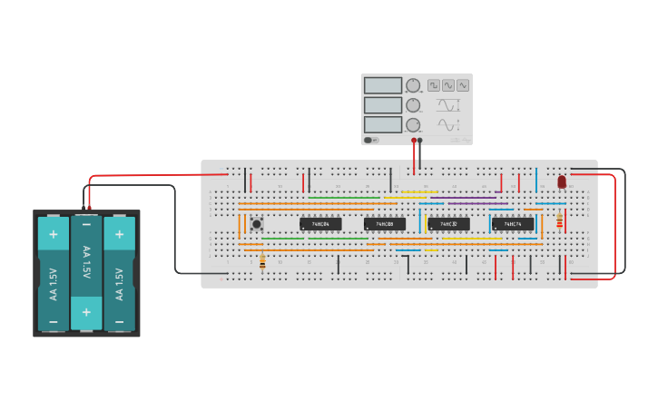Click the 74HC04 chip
(320, 223)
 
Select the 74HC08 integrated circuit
(384, 223)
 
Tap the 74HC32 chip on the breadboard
(448, 223)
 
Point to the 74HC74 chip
(513, 223)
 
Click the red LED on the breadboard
(562, 181)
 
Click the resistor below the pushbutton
(263, 261)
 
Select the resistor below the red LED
(559, 221)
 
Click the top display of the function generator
(382, 85)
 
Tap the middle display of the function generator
(382, 105)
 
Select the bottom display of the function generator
(382, 125)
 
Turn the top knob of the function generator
(413, 85)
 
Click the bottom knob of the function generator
(413, 125)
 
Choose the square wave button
(434, 85)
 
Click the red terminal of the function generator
(414, 141)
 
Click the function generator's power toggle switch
(370, 140)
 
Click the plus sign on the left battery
(54, 234)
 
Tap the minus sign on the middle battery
(86, 224)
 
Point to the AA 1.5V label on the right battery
(119, 282)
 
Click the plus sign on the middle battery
(86, 319)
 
